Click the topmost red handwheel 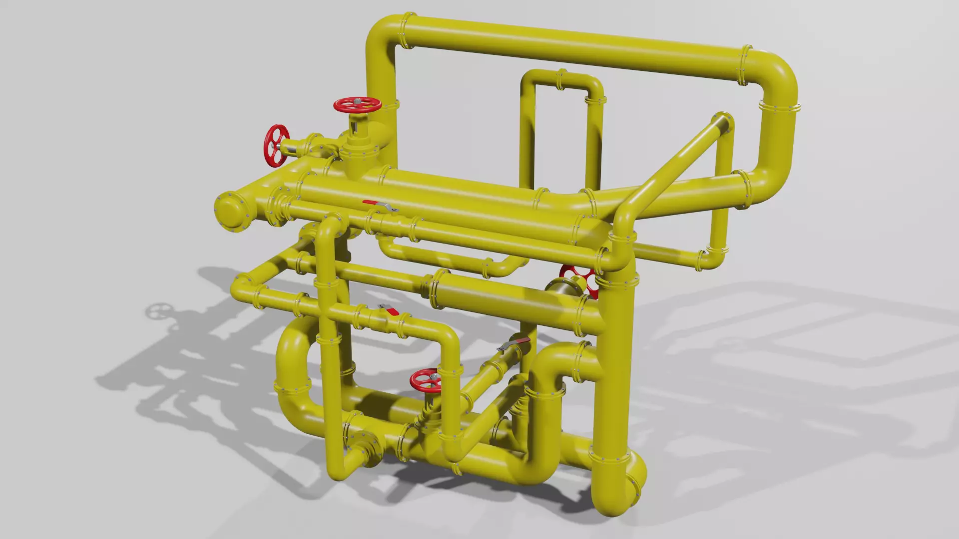357,104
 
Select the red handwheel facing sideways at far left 276,146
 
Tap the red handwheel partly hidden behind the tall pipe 579,279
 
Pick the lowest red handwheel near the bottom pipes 425,381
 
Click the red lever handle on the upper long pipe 372,203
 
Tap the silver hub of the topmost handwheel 357,102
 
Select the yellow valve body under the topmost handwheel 357,145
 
